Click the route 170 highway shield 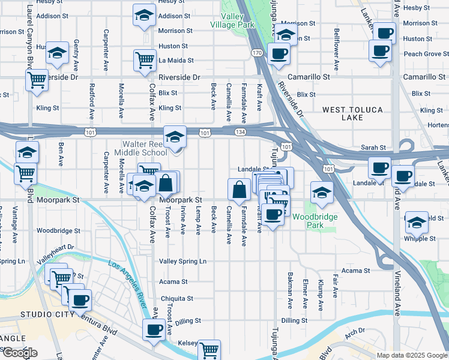257,53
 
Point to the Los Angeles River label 128,283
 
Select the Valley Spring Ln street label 182,261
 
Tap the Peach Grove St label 423,54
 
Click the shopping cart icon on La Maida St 145,60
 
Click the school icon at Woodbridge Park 322,193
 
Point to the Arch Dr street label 355,331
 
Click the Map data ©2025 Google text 411,355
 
